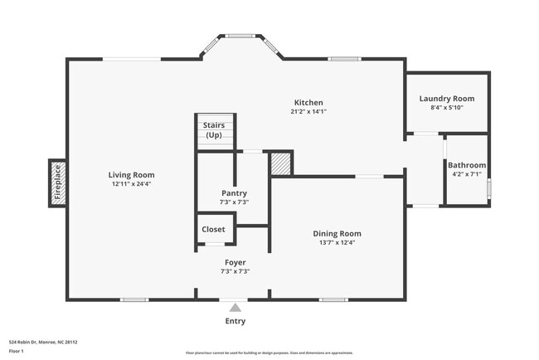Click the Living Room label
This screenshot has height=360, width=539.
point(131,175)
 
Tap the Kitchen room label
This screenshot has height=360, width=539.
point(308,103)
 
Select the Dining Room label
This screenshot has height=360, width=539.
point(337,233)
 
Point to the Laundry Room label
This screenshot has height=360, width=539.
point(446,98)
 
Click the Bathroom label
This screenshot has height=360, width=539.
point(467,165)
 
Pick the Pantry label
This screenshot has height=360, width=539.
point(233,192)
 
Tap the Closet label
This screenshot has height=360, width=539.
point(213,229)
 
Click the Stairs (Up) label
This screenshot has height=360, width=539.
point(213,129)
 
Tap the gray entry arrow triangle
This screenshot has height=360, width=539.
point(235,307)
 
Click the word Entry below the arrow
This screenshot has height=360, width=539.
point(235,321)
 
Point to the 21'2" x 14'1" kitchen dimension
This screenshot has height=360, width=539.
point(308,112)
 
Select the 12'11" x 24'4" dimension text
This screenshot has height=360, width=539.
point(131,184)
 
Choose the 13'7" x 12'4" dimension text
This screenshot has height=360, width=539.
point(337,242)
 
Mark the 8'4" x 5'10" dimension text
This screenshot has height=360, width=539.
point(446,107)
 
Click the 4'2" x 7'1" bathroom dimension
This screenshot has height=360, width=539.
point(467,175)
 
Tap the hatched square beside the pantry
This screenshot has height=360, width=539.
point(282,163)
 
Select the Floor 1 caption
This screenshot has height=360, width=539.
point(16,351)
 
